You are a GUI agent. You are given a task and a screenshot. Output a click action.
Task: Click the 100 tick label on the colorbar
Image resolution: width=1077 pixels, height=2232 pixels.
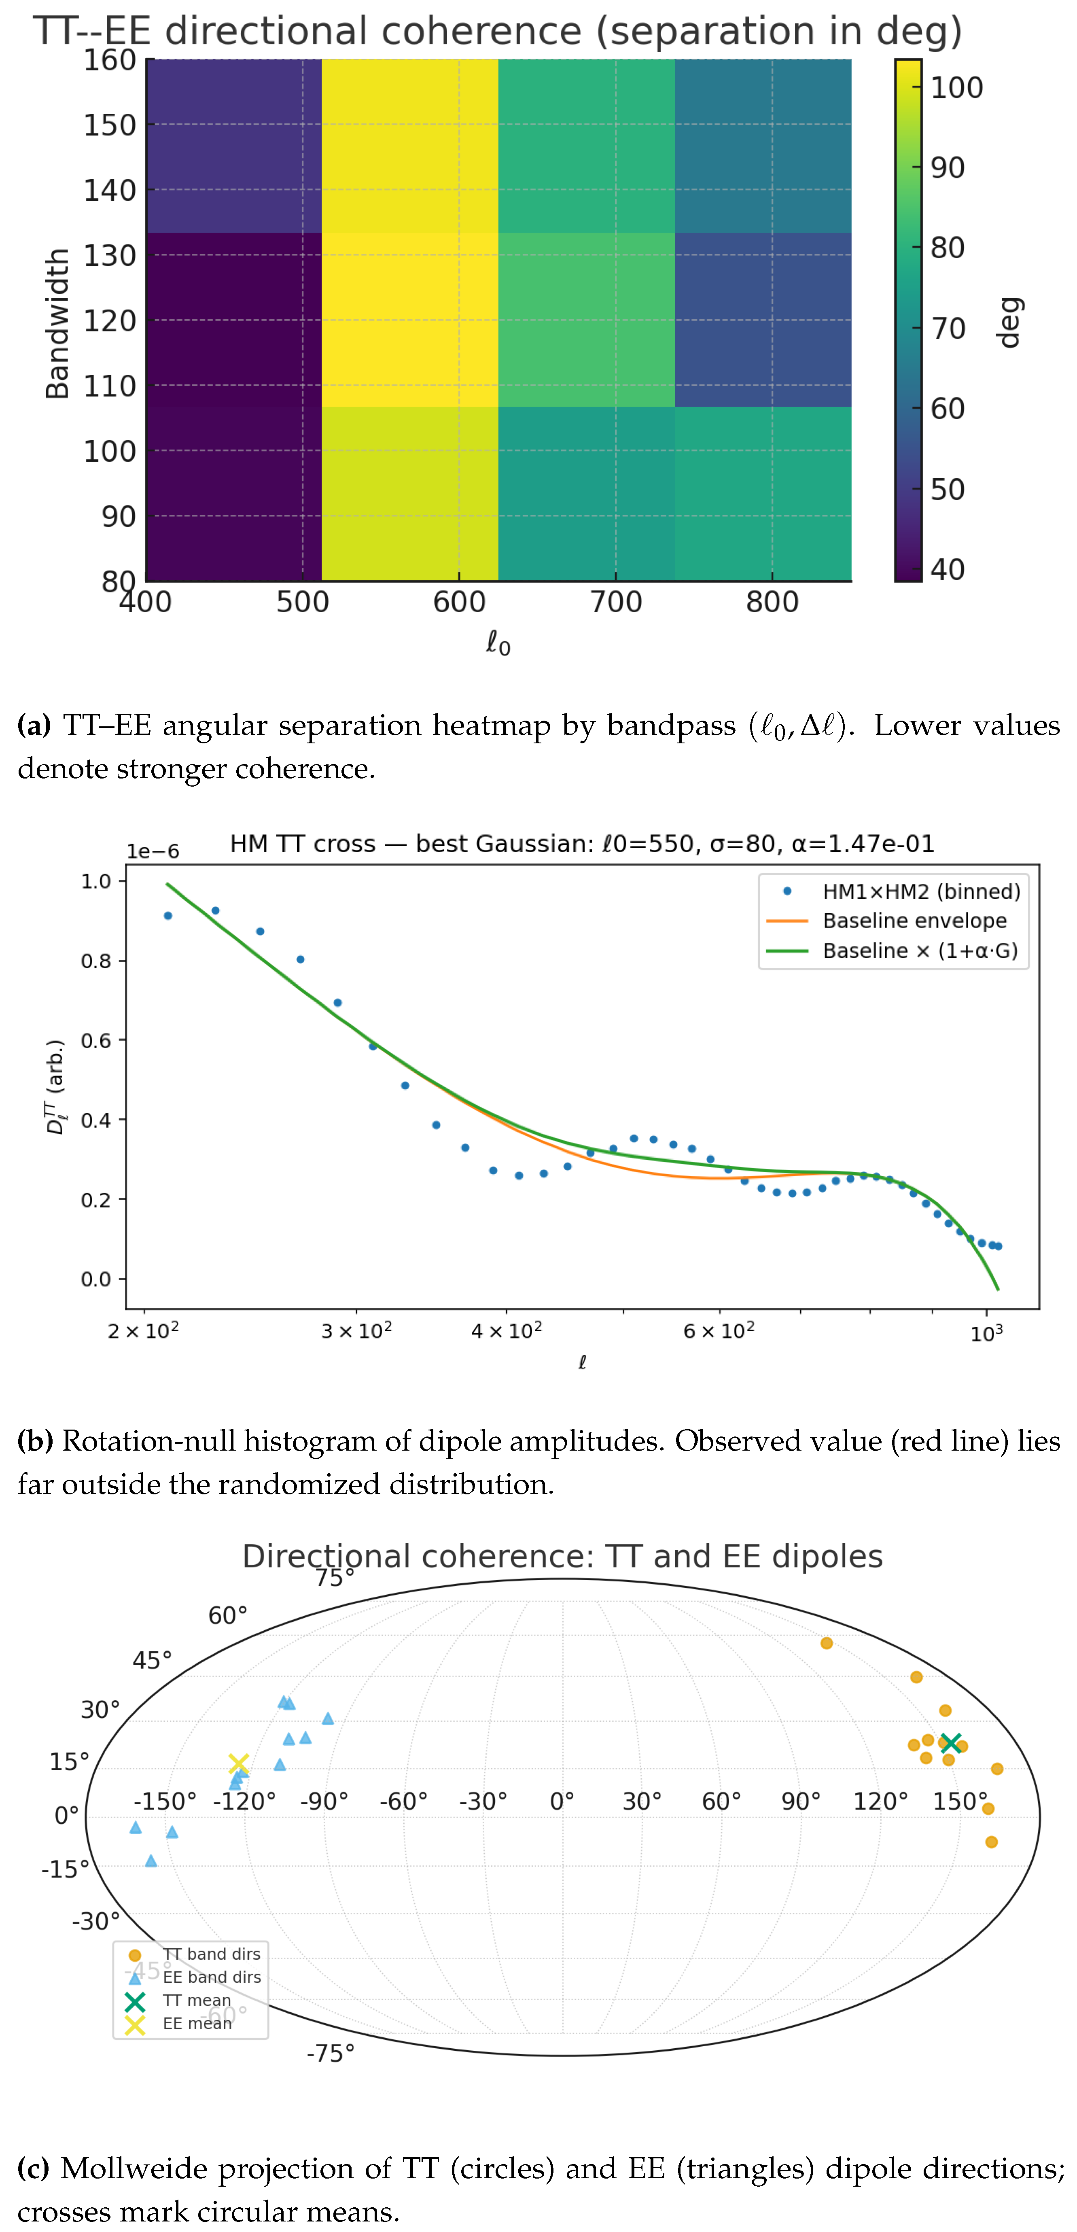(x=956, y=87)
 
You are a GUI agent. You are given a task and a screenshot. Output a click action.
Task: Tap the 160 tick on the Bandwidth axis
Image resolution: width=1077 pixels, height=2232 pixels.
(x=110, y=61)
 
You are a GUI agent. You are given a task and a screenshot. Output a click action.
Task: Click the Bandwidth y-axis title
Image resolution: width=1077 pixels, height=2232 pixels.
(x=57, y=323)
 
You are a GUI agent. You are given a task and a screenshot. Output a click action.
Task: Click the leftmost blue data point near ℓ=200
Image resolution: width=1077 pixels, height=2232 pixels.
(x=168, y=916)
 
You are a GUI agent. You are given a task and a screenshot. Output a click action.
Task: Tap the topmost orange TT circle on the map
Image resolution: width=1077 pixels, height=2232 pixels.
(x=826, y=1643)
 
